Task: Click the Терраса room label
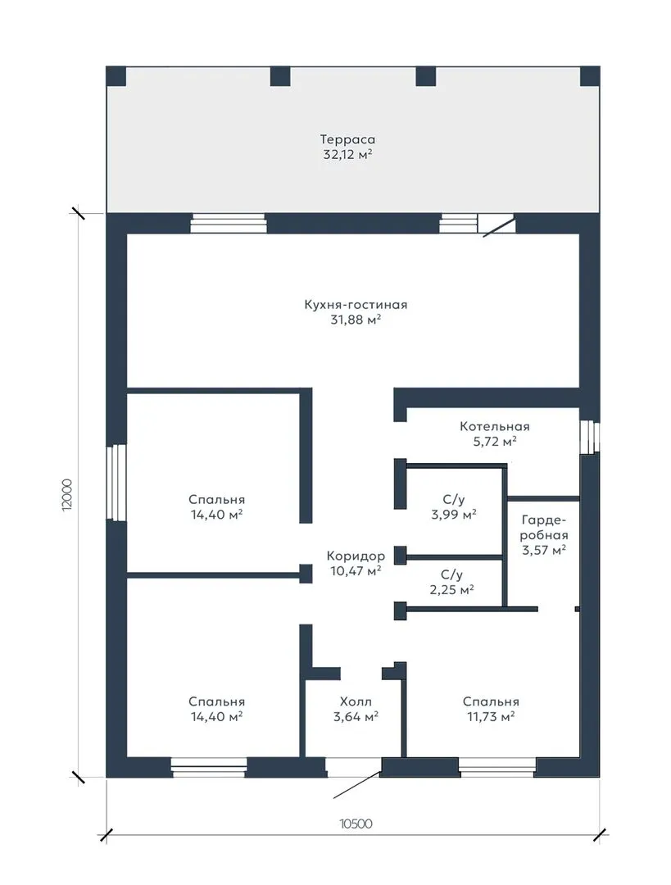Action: [347, 138]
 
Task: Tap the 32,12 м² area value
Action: [347, 155]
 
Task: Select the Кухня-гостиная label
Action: [356, 305]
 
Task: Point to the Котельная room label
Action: [494, 426]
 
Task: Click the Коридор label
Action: [356, 556]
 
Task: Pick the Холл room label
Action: [356, 701]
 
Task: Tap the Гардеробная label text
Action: [544, 527]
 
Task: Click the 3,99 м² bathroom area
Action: [454, 514]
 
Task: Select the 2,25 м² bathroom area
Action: [451, 590]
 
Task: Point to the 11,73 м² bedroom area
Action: [491, 717]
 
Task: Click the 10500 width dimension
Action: [356, 824]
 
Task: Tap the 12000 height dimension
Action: [67, 495]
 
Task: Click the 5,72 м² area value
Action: [495, 442]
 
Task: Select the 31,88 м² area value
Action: [356, 320]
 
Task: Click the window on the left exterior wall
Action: [117, 482]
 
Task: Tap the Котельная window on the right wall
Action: [589, 436]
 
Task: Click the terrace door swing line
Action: [499, 227]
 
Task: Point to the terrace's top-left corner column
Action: [116, 76]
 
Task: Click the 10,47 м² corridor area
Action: [356, 571]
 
